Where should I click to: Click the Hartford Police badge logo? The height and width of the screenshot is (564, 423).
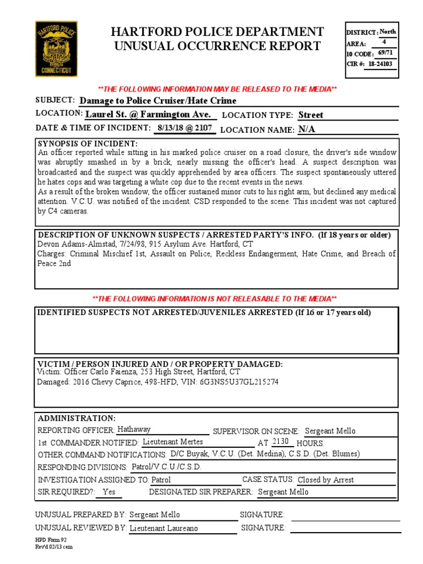[x=56, y=48]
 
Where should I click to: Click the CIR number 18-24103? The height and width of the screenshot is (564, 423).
[x=381, y=64]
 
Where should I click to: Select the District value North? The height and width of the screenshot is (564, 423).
[x=388, y=32]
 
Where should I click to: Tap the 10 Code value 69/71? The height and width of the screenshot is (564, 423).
[x=386, y=53]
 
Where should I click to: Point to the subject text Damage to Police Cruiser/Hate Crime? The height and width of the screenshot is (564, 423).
[x=158, y=100]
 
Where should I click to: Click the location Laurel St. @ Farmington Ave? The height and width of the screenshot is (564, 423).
[x=148, y=114]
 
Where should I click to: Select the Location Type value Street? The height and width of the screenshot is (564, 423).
[x=311, y=115]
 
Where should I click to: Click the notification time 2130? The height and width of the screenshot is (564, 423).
[x=280, y=441]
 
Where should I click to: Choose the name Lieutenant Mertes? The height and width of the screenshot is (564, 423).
[x=172, y=442]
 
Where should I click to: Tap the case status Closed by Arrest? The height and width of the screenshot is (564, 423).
[x=326, y=479]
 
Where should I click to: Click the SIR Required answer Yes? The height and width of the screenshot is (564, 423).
[x=109, y=492]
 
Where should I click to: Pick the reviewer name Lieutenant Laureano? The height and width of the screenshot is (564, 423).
[x=164, y=528]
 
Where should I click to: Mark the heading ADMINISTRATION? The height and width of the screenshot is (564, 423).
[x=77, y=418]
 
